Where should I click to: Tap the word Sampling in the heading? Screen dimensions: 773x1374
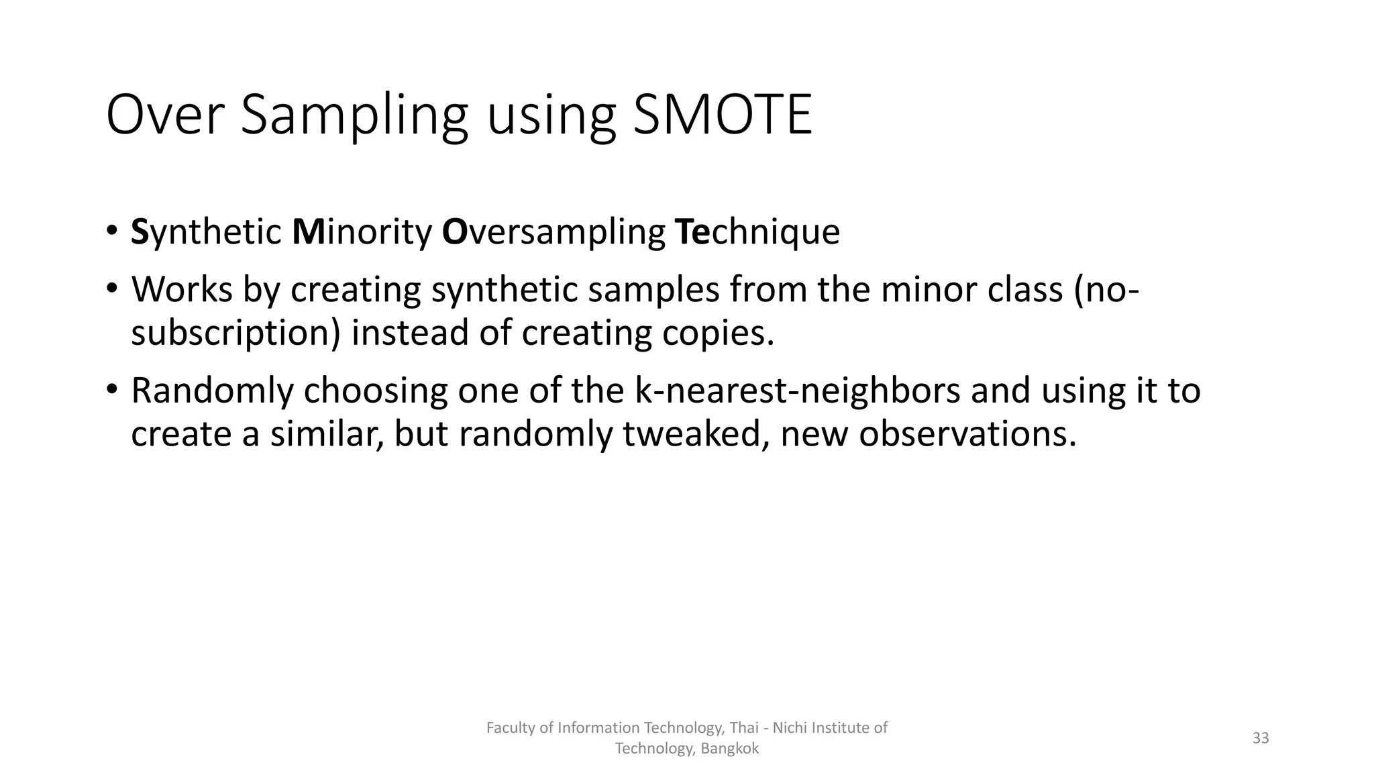point(354,115)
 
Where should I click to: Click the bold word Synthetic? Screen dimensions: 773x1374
point(206,232)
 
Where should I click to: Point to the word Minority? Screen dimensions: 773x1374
point(362,232)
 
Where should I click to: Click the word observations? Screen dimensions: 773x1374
point(967,434)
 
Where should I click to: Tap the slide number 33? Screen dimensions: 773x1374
point(1261,738)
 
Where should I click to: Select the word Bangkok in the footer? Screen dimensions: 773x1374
point(729,749)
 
